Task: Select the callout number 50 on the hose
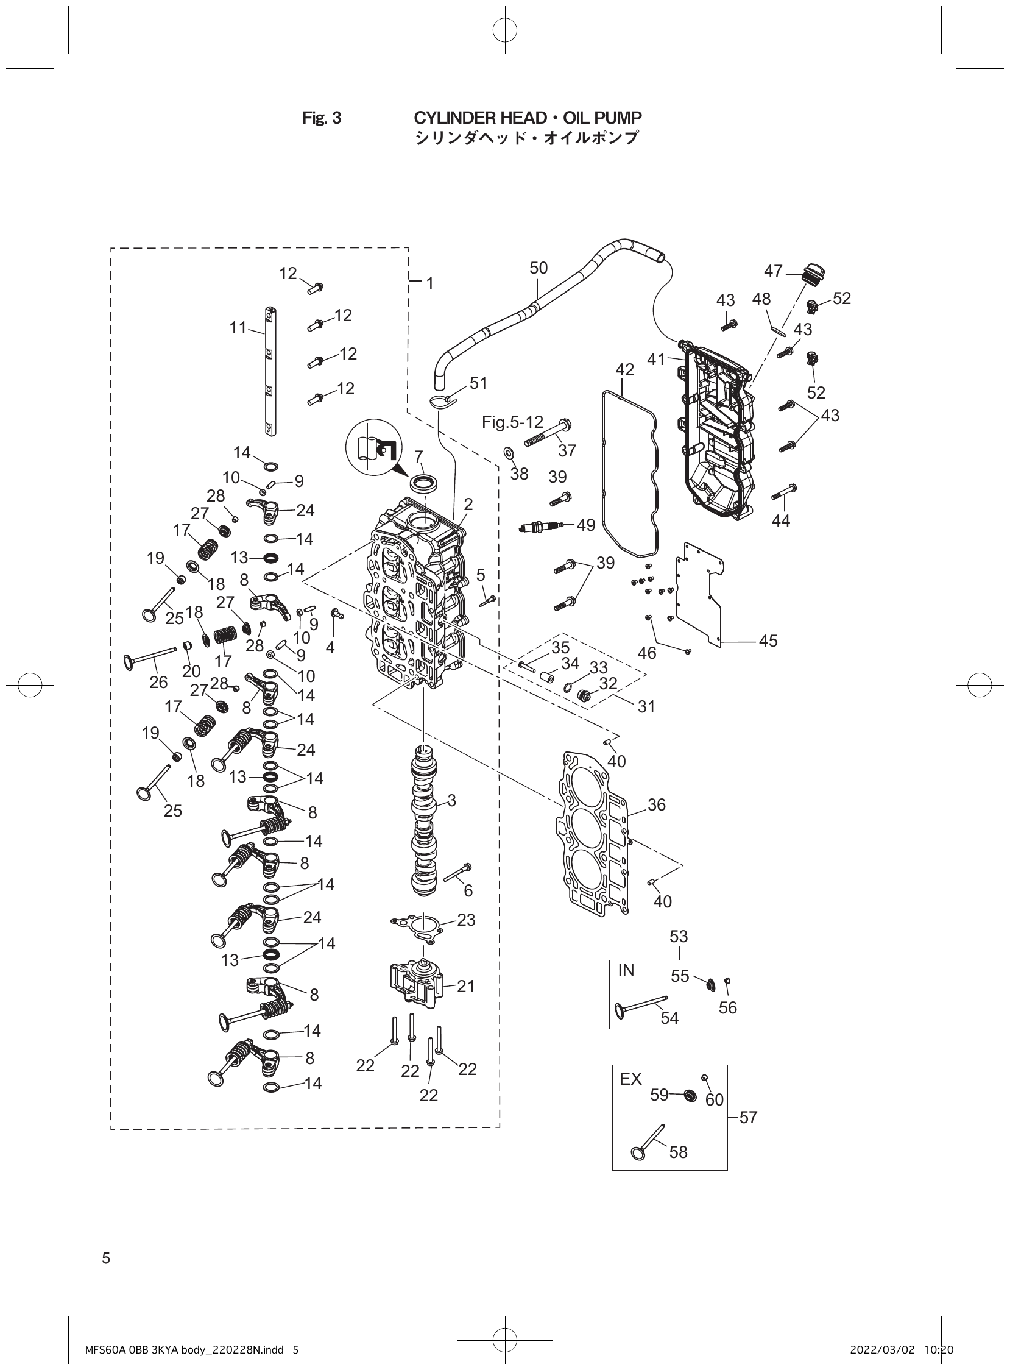tap(539, 268)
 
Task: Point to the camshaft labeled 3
tap(425, 820)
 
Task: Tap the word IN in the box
tap(627, 970)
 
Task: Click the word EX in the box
tap(630, 1079)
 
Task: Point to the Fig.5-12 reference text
tap(512, 422)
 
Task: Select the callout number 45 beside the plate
tap(768, 641)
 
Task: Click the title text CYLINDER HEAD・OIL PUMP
tap(528, 118)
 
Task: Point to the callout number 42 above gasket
tap(624, 369)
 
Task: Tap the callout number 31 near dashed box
tap(646, 706)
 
